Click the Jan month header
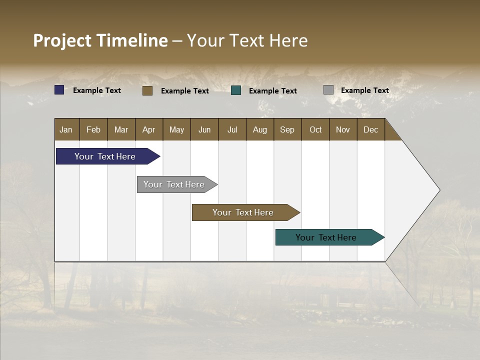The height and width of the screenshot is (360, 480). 66,129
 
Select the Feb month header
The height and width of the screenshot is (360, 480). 93,129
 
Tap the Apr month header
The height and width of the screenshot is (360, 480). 148,129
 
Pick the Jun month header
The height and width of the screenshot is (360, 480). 204,129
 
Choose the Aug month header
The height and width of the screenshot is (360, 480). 259,129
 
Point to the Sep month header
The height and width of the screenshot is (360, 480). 287,129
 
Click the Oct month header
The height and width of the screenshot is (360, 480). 315,129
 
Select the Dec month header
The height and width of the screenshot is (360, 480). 370,129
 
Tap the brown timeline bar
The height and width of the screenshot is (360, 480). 243,212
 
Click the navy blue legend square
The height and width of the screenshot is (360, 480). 59,90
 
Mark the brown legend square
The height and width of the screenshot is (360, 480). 147,90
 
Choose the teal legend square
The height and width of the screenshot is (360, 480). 236,90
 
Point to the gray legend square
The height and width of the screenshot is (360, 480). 328,90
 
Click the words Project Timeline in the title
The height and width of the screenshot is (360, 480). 100,40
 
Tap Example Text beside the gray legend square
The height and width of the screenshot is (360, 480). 364,90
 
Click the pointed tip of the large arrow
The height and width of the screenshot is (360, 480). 438,190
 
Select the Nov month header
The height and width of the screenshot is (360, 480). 343,129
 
